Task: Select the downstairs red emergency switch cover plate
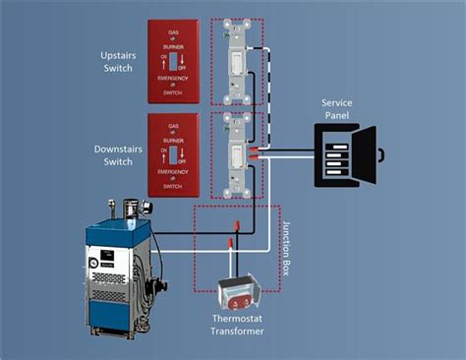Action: coord(175,153)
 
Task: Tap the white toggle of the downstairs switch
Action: coord(237,153)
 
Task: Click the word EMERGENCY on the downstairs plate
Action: coord(175,173)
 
